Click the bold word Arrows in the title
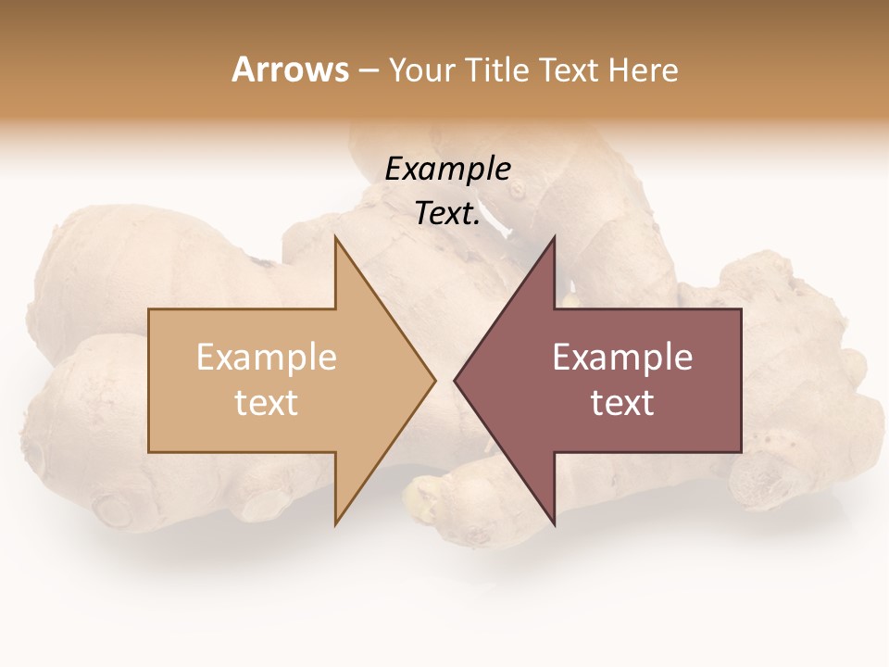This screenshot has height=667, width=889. click(290, 69)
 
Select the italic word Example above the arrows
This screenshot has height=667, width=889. click(447, 170)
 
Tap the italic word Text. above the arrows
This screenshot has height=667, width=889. click(447, 214)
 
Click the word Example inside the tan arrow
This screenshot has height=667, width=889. click(266, 358)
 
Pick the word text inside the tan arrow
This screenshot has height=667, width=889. click(266, 402)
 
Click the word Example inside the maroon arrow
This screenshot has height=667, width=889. click(622, 358)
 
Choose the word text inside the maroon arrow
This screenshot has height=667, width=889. click(622, 402)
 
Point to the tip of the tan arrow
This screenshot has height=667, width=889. click(434, 380)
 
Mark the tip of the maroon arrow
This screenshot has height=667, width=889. click(455, 380)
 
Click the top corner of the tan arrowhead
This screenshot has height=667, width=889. click(335, 238)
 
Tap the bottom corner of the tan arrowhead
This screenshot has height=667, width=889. click(335, 523)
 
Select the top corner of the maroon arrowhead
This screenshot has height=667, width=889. click(554, 238)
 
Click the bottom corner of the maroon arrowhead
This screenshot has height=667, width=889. click(554, 523)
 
